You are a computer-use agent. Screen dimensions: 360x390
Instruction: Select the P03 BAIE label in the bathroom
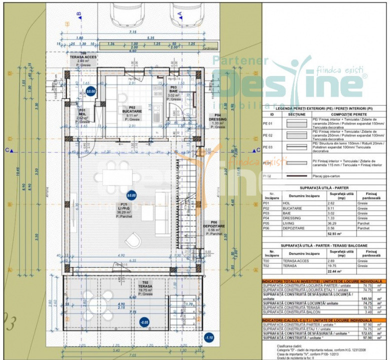(173, 93)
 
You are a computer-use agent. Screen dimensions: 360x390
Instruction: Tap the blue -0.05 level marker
(144, 322)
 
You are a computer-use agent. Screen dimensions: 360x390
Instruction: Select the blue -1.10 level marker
(209, 337)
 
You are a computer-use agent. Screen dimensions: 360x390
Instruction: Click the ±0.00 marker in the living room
(131, 195)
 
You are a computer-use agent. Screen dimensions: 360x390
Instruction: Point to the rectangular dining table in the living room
(118, 176)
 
